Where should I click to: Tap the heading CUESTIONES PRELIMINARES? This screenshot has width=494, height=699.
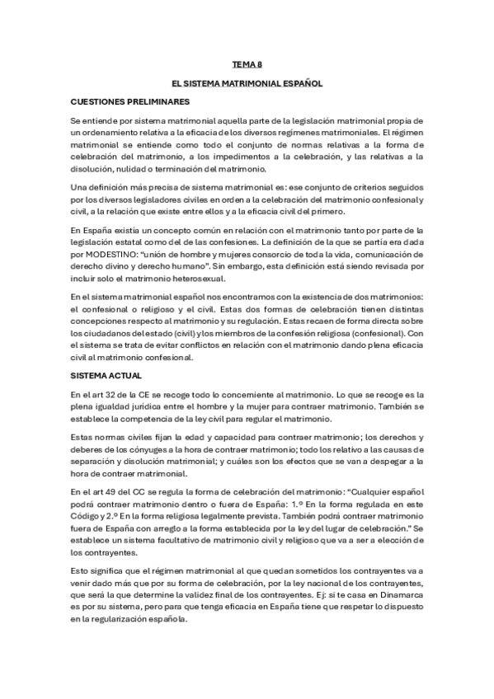[130, 101]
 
